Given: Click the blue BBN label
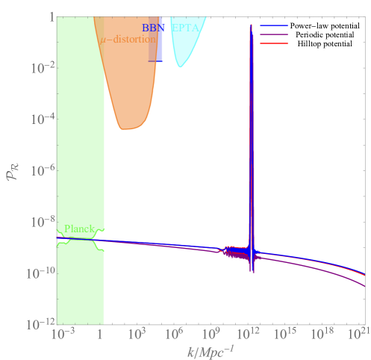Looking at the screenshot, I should [152, 28].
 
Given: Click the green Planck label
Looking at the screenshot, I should [78, 229].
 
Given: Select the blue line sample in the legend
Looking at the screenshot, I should [274, 26].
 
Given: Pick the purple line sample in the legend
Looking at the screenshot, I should [274, 34].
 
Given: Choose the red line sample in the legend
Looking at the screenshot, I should [274, 43].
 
